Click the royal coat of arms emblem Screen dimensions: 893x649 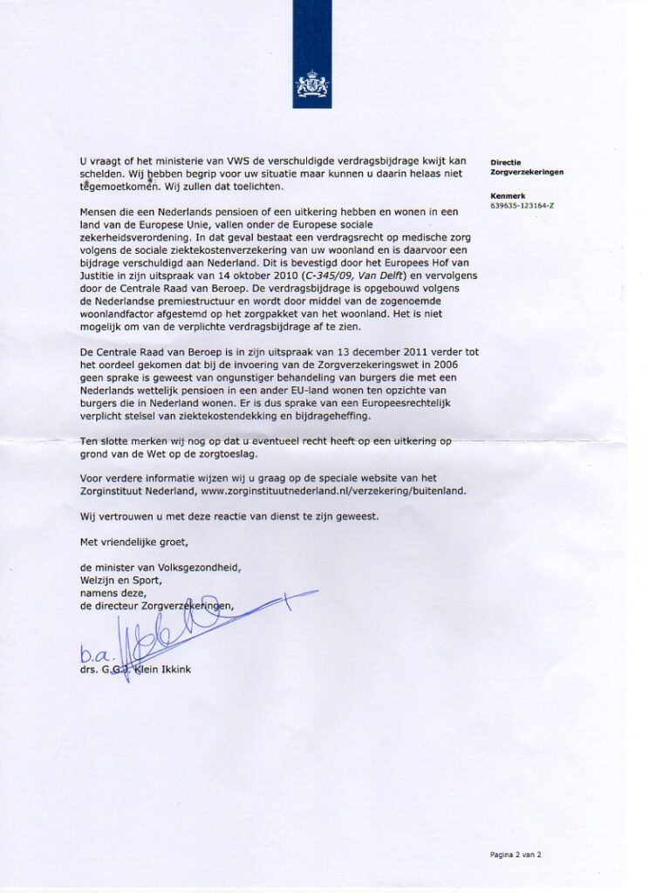312,85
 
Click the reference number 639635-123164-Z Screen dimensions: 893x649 523,206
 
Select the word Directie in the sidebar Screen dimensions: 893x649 506,162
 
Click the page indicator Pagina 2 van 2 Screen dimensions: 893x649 516,855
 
